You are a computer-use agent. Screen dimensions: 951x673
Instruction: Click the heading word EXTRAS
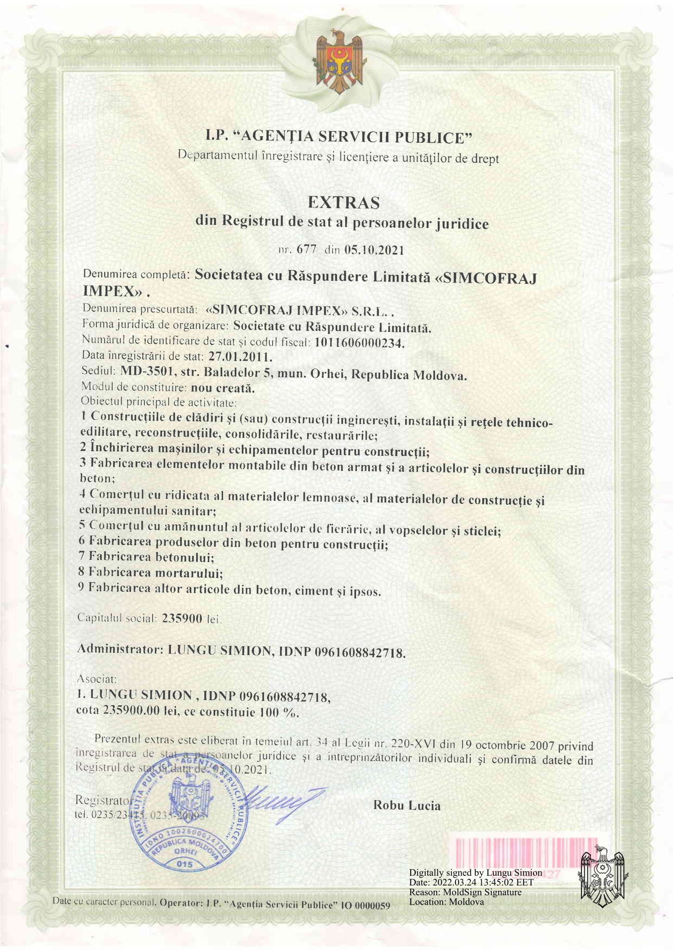coord(343,202)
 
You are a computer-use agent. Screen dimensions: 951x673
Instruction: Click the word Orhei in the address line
coord(329,374)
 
